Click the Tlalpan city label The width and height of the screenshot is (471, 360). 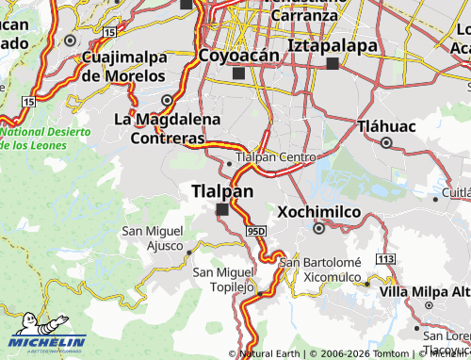222,191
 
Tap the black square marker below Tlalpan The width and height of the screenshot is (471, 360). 222,210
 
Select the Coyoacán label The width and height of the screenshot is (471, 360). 239,56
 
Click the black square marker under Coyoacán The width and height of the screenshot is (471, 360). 238,73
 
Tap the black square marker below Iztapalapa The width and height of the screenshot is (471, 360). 332,63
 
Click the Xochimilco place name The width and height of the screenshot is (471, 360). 318,212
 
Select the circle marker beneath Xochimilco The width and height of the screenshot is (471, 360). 318,227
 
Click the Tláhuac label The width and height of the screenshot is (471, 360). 386,125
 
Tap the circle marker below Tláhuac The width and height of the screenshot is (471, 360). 386,142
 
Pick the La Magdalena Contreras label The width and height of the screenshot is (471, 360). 168,129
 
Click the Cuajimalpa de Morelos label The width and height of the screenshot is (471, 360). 124,66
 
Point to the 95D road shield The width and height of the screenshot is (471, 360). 259,231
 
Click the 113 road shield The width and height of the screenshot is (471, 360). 383,258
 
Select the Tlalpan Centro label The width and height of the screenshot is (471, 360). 274,156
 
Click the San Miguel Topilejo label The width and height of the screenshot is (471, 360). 224,279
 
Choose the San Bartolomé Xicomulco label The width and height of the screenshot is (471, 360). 327,270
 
